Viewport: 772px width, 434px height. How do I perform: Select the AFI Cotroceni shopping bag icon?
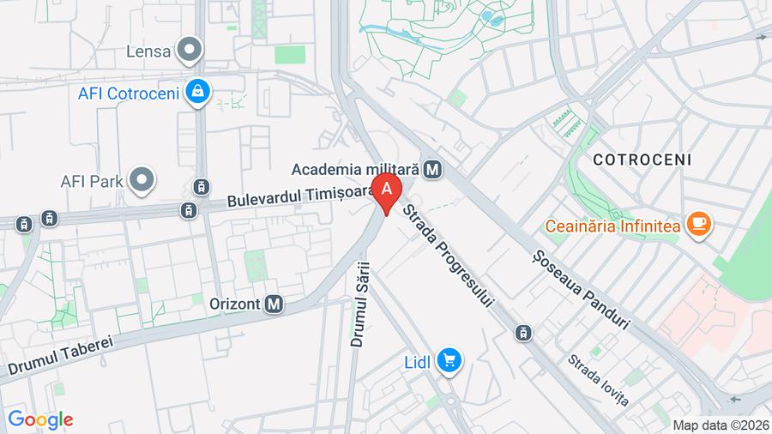pos(198,91)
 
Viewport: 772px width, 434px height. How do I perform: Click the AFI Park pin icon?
pos(142,180)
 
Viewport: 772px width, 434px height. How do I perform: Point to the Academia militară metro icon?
pos(432,169)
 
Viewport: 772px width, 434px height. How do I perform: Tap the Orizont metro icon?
pos(274,303)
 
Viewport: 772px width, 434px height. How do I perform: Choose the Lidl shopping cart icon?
pos(448,362)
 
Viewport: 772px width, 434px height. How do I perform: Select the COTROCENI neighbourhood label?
pos(642,160)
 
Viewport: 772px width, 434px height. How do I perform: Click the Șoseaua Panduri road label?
pos(581,290)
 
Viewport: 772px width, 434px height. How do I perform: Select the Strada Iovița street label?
pos(598,380)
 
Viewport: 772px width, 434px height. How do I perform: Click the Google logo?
pos(39,419)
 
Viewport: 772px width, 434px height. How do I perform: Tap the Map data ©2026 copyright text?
pos(719,425)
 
